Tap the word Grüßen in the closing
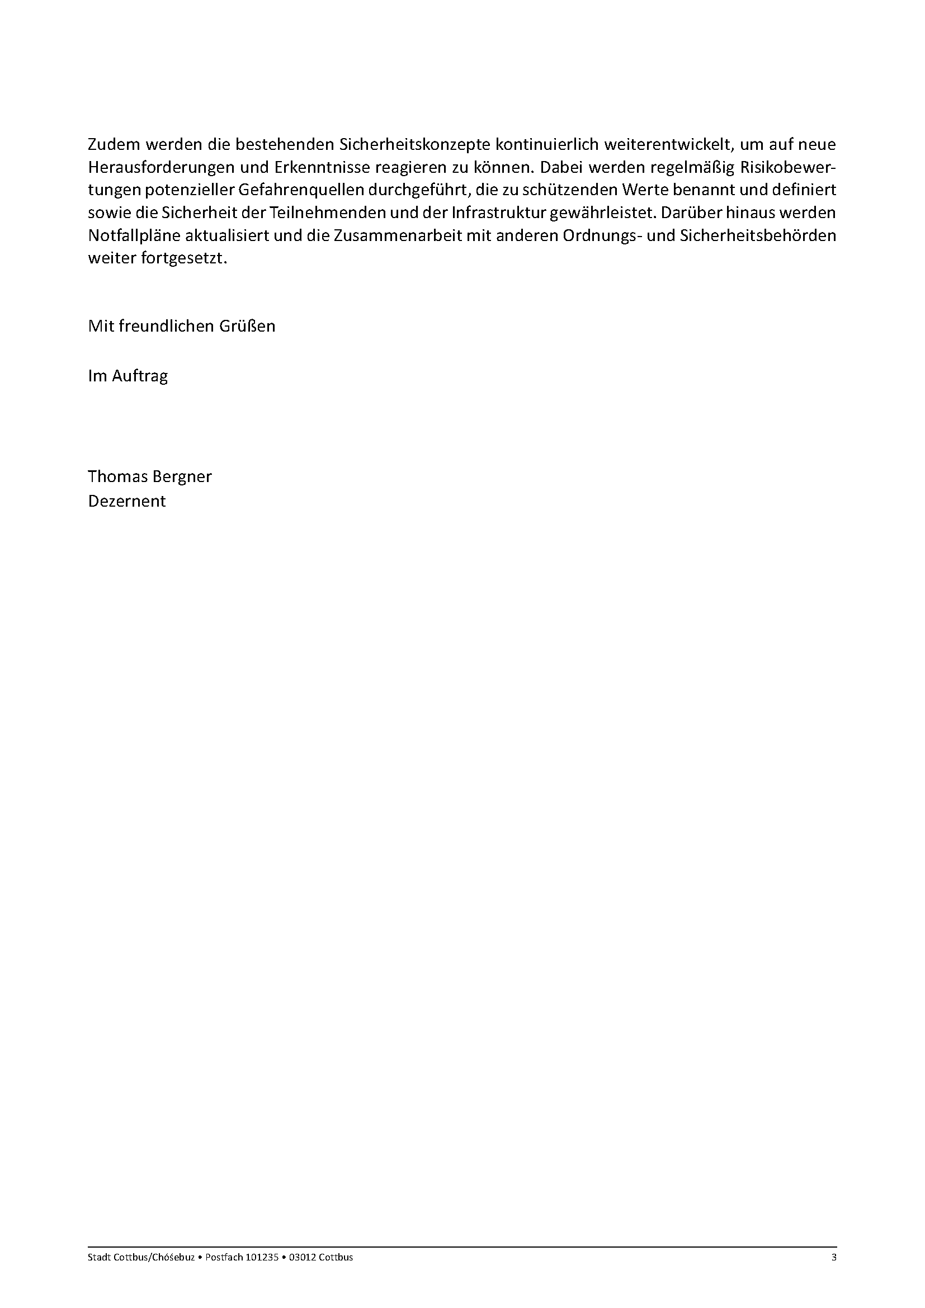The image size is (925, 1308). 249,327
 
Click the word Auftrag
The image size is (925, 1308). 140,376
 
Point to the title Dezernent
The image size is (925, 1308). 126,501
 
